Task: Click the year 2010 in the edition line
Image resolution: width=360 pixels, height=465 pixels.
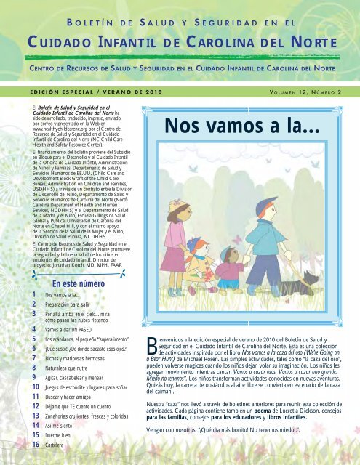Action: point(140,92)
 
